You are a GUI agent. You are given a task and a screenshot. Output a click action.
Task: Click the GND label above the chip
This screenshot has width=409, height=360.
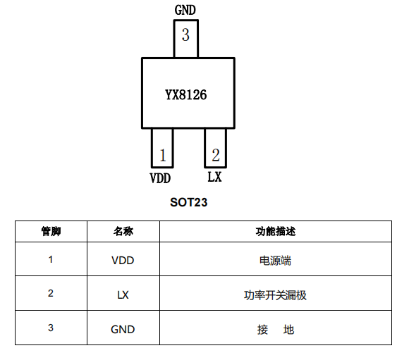coord(185,10)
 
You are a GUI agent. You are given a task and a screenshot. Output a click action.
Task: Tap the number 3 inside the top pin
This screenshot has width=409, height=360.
coord(185,35)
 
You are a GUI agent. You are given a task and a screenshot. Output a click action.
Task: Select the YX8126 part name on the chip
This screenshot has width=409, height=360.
coord(185,94)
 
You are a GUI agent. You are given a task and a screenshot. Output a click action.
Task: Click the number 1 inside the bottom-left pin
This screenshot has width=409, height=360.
coord(163,155)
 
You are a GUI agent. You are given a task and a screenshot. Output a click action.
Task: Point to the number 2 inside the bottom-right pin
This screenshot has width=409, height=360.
coord(216,155)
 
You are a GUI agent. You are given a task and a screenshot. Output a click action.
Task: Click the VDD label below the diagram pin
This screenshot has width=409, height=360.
coord(160,178)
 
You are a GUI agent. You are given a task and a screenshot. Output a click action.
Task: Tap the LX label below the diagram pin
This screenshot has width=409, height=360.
coord(214,177)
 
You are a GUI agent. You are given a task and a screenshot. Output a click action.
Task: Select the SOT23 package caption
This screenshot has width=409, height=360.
coord(188,202)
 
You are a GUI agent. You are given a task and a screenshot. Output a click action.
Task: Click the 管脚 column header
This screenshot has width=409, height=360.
coord(51,231)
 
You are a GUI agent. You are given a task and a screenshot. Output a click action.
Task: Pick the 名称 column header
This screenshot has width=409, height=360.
coord(123,231)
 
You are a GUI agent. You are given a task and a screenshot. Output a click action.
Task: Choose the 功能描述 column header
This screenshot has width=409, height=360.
coord(276,231)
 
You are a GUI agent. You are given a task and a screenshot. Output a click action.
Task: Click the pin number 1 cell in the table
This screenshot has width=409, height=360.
coord(51,259)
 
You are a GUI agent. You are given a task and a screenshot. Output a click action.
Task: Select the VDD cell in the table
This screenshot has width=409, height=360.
coord(123,261)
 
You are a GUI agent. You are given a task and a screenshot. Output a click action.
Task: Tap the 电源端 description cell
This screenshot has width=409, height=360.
coord(276,261)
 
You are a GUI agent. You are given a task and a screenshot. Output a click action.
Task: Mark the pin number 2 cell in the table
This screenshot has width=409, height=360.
coord(51,293)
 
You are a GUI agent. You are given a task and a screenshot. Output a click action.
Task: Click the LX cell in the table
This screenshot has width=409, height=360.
coord(123,294)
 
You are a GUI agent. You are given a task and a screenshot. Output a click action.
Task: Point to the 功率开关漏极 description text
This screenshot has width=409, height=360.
coord(275,295)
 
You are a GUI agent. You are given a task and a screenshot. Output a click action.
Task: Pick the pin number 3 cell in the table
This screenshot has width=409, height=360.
coord(51,328)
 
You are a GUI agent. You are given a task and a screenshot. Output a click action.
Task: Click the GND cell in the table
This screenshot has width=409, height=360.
coord(123,330)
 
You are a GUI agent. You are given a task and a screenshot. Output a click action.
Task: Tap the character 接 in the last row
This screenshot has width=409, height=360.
coord(262,330)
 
